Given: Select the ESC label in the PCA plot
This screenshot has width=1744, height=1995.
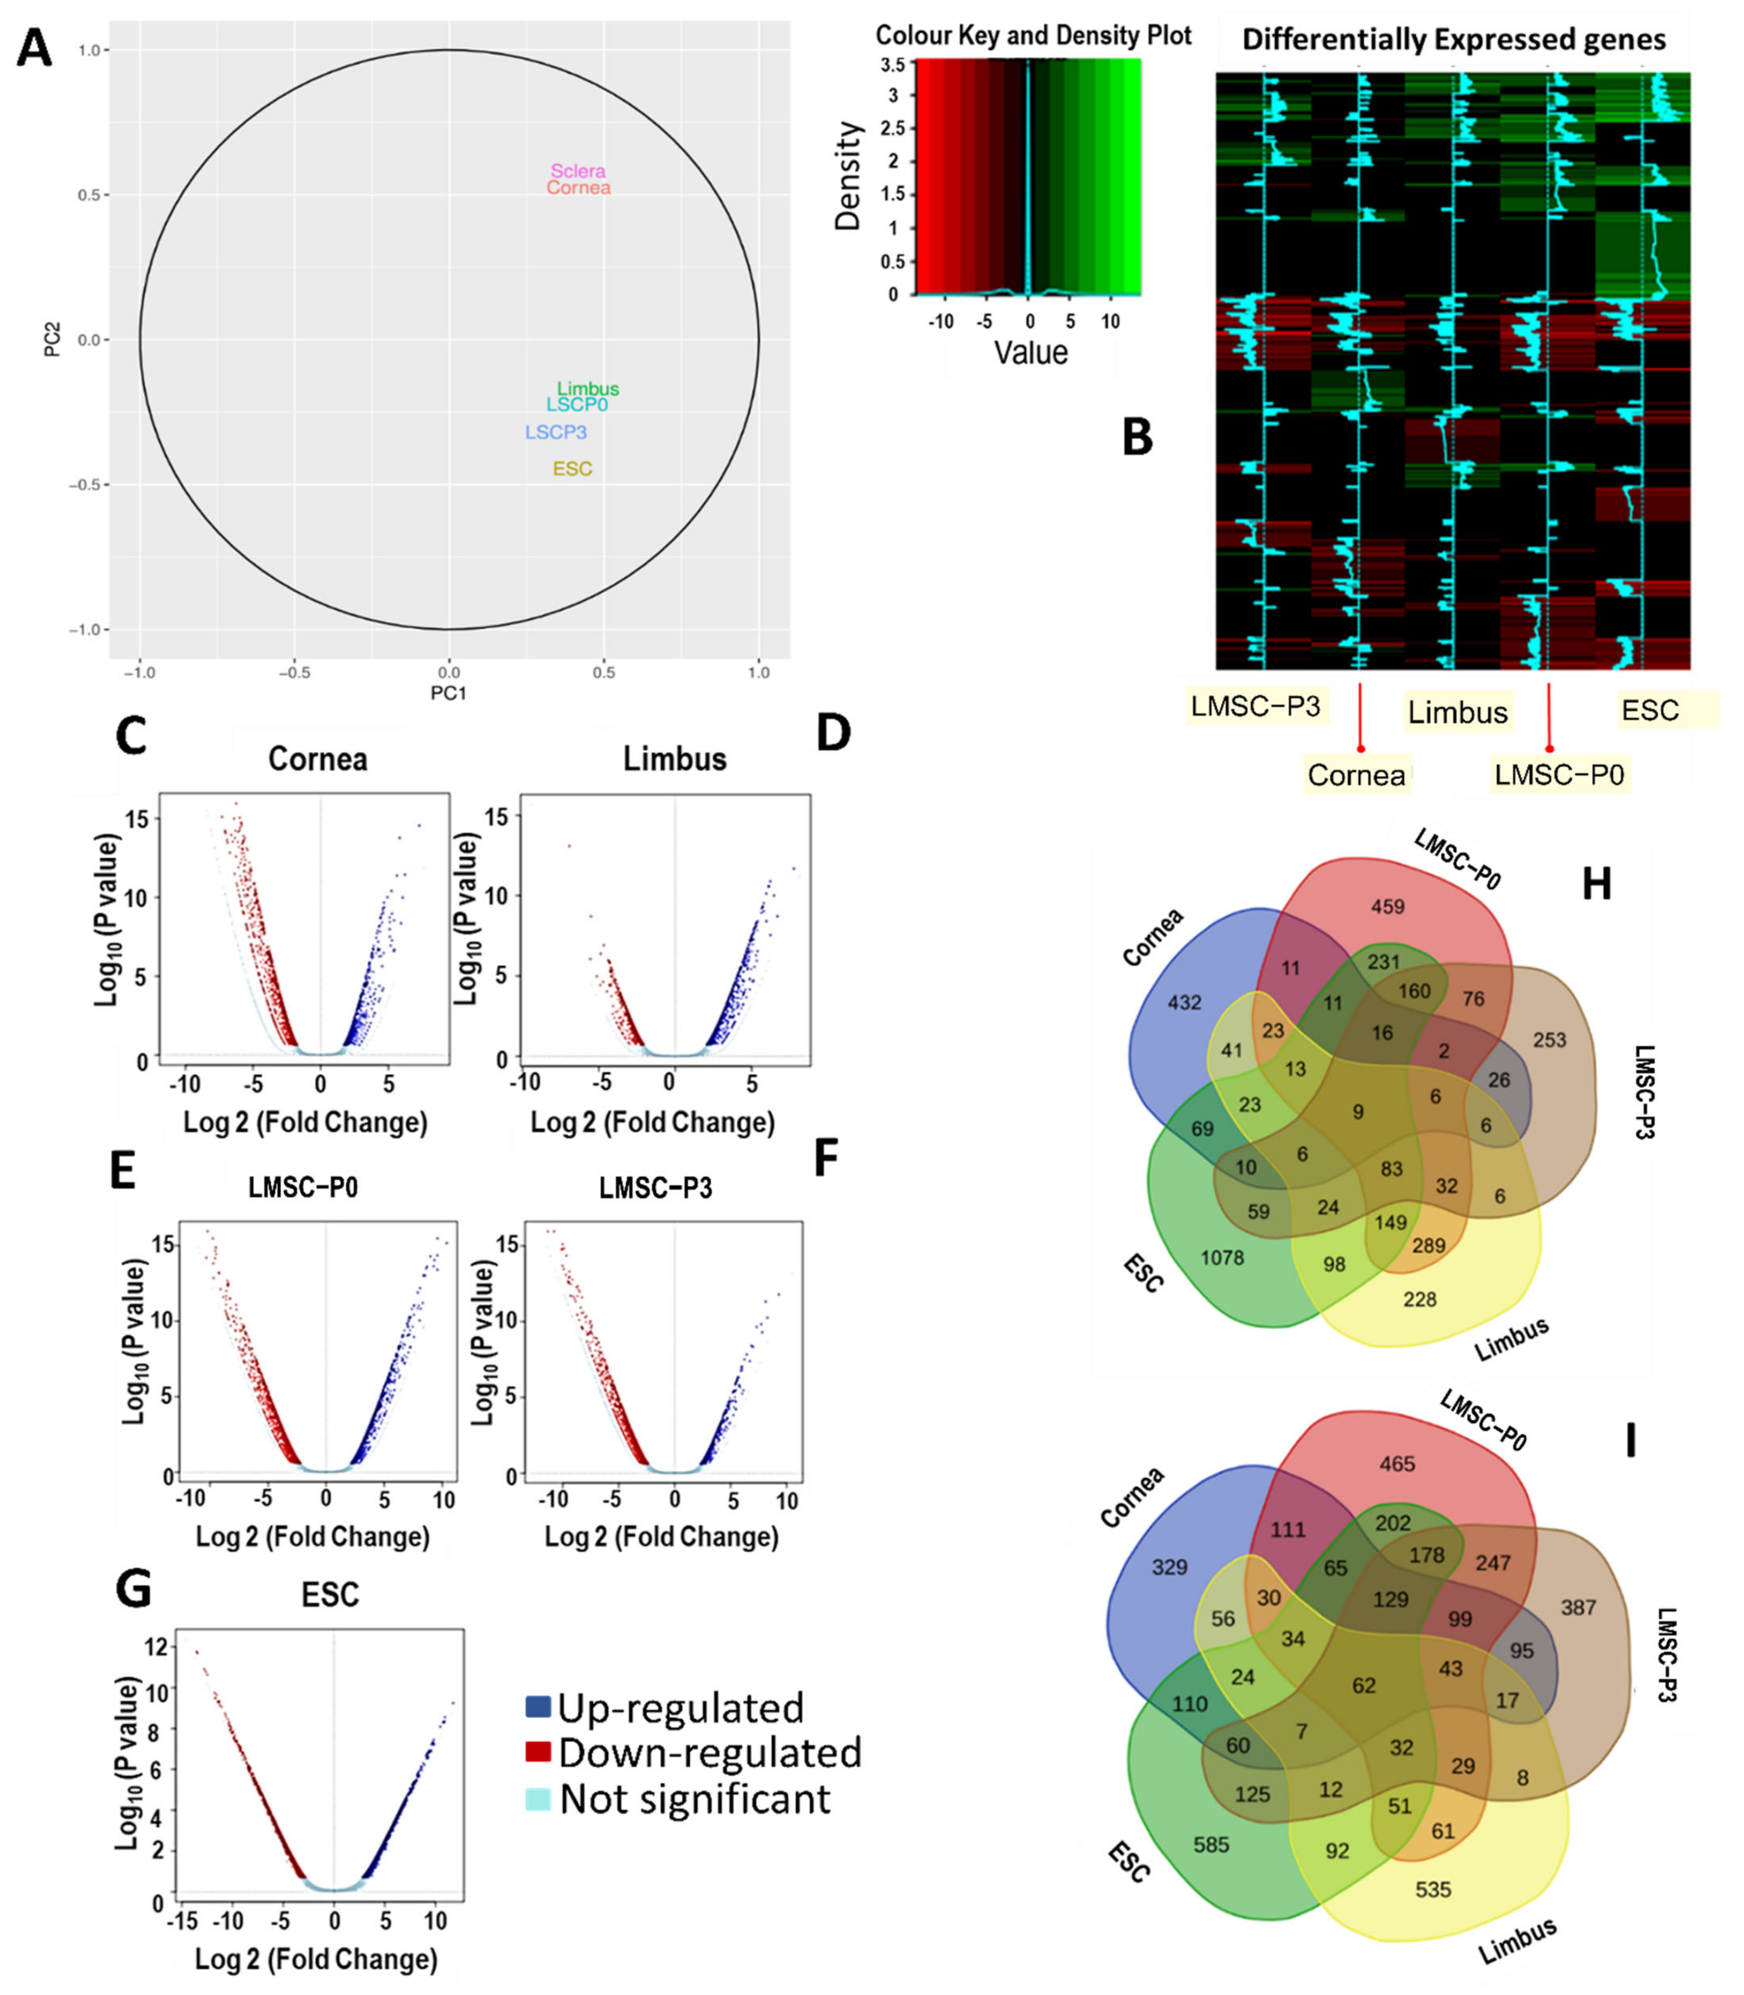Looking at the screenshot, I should (572, 469).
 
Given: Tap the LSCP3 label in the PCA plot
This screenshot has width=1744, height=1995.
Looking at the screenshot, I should (556, 432).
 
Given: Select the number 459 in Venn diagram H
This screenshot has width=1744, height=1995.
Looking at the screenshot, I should (1388, 907).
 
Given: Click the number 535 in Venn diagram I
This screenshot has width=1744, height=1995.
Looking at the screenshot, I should (1433, 1889).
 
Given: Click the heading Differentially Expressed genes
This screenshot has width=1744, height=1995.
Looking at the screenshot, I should (1454, 40).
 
